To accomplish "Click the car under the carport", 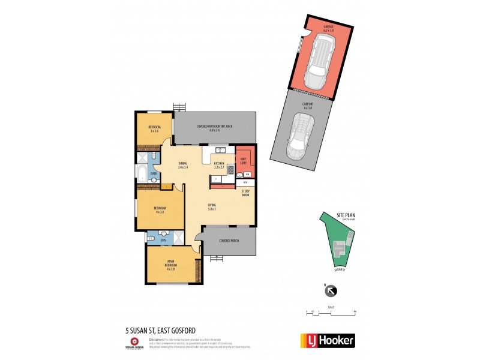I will (300, 137).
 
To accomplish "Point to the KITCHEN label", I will (218, 165).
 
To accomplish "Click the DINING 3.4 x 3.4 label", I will (183, 166).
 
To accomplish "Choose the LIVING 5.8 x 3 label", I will (212, 207).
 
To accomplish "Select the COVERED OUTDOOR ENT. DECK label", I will (214, 128).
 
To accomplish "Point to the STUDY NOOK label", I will (245, 193).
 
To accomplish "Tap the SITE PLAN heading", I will (346, 215).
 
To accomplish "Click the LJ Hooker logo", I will (327, 340).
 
